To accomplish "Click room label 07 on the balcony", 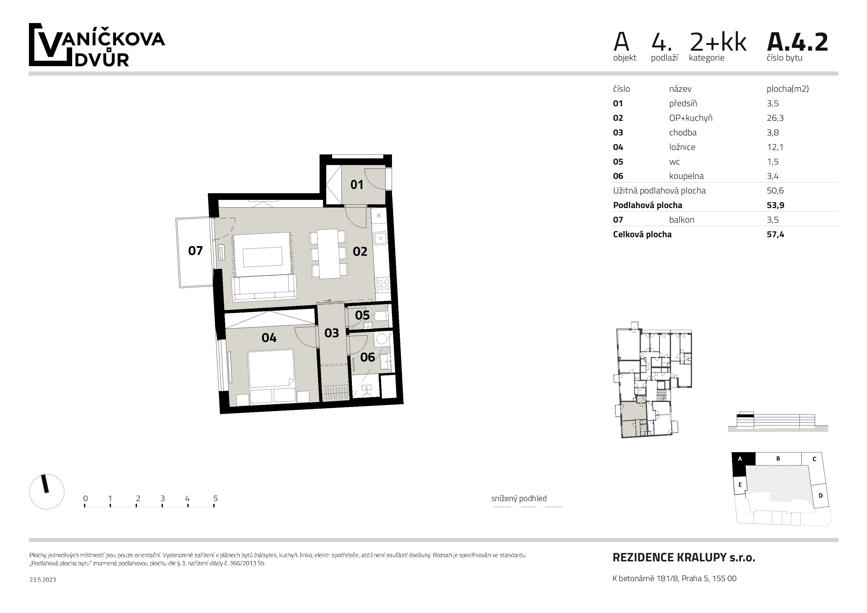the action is pos(195,251).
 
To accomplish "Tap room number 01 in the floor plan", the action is pos(357,185).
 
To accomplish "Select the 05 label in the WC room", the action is pos(362,315).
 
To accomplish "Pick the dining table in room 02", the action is pos(328,254).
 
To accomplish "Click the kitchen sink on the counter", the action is pos(380,238).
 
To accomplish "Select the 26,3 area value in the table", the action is pos(775,118).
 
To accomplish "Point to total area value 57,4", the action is pos(775,234).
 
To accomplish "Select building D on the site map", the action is pos(820,496).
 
